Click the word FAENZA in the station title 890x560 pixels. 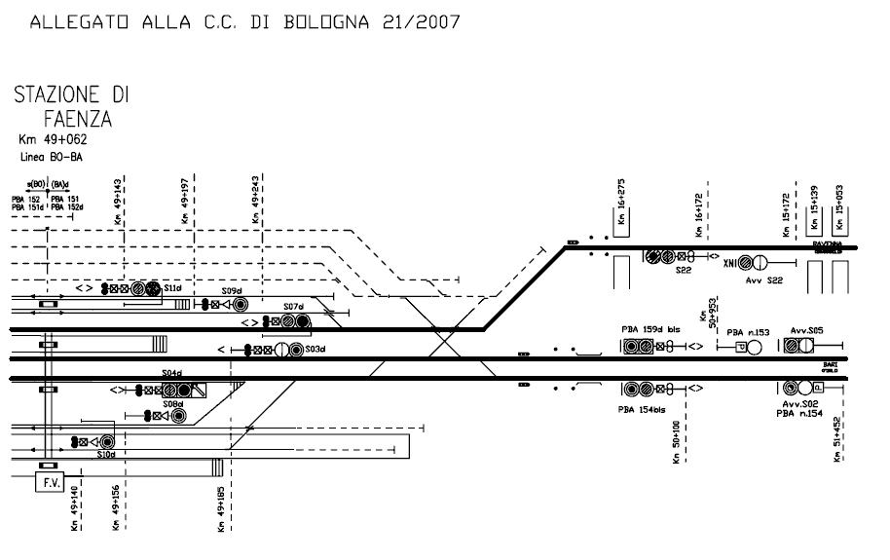[78, 120]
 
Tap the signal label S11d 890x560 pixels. [173, 288]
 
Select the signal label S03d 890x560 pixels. [314, 349]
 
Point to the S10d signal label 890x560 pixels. [106, 454]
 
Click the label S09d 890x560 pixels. [231, 291]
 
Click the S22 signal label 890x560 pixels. [683, 271]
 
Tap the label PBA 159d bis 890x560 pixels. [650, 330]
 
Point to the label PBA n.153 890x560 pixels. [748, 333]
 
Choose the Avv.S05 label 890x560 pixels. [807, 331]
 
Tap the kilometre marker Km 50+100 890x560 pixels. [674, 441]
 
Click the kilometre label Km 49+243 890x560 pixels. [255, 200]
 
